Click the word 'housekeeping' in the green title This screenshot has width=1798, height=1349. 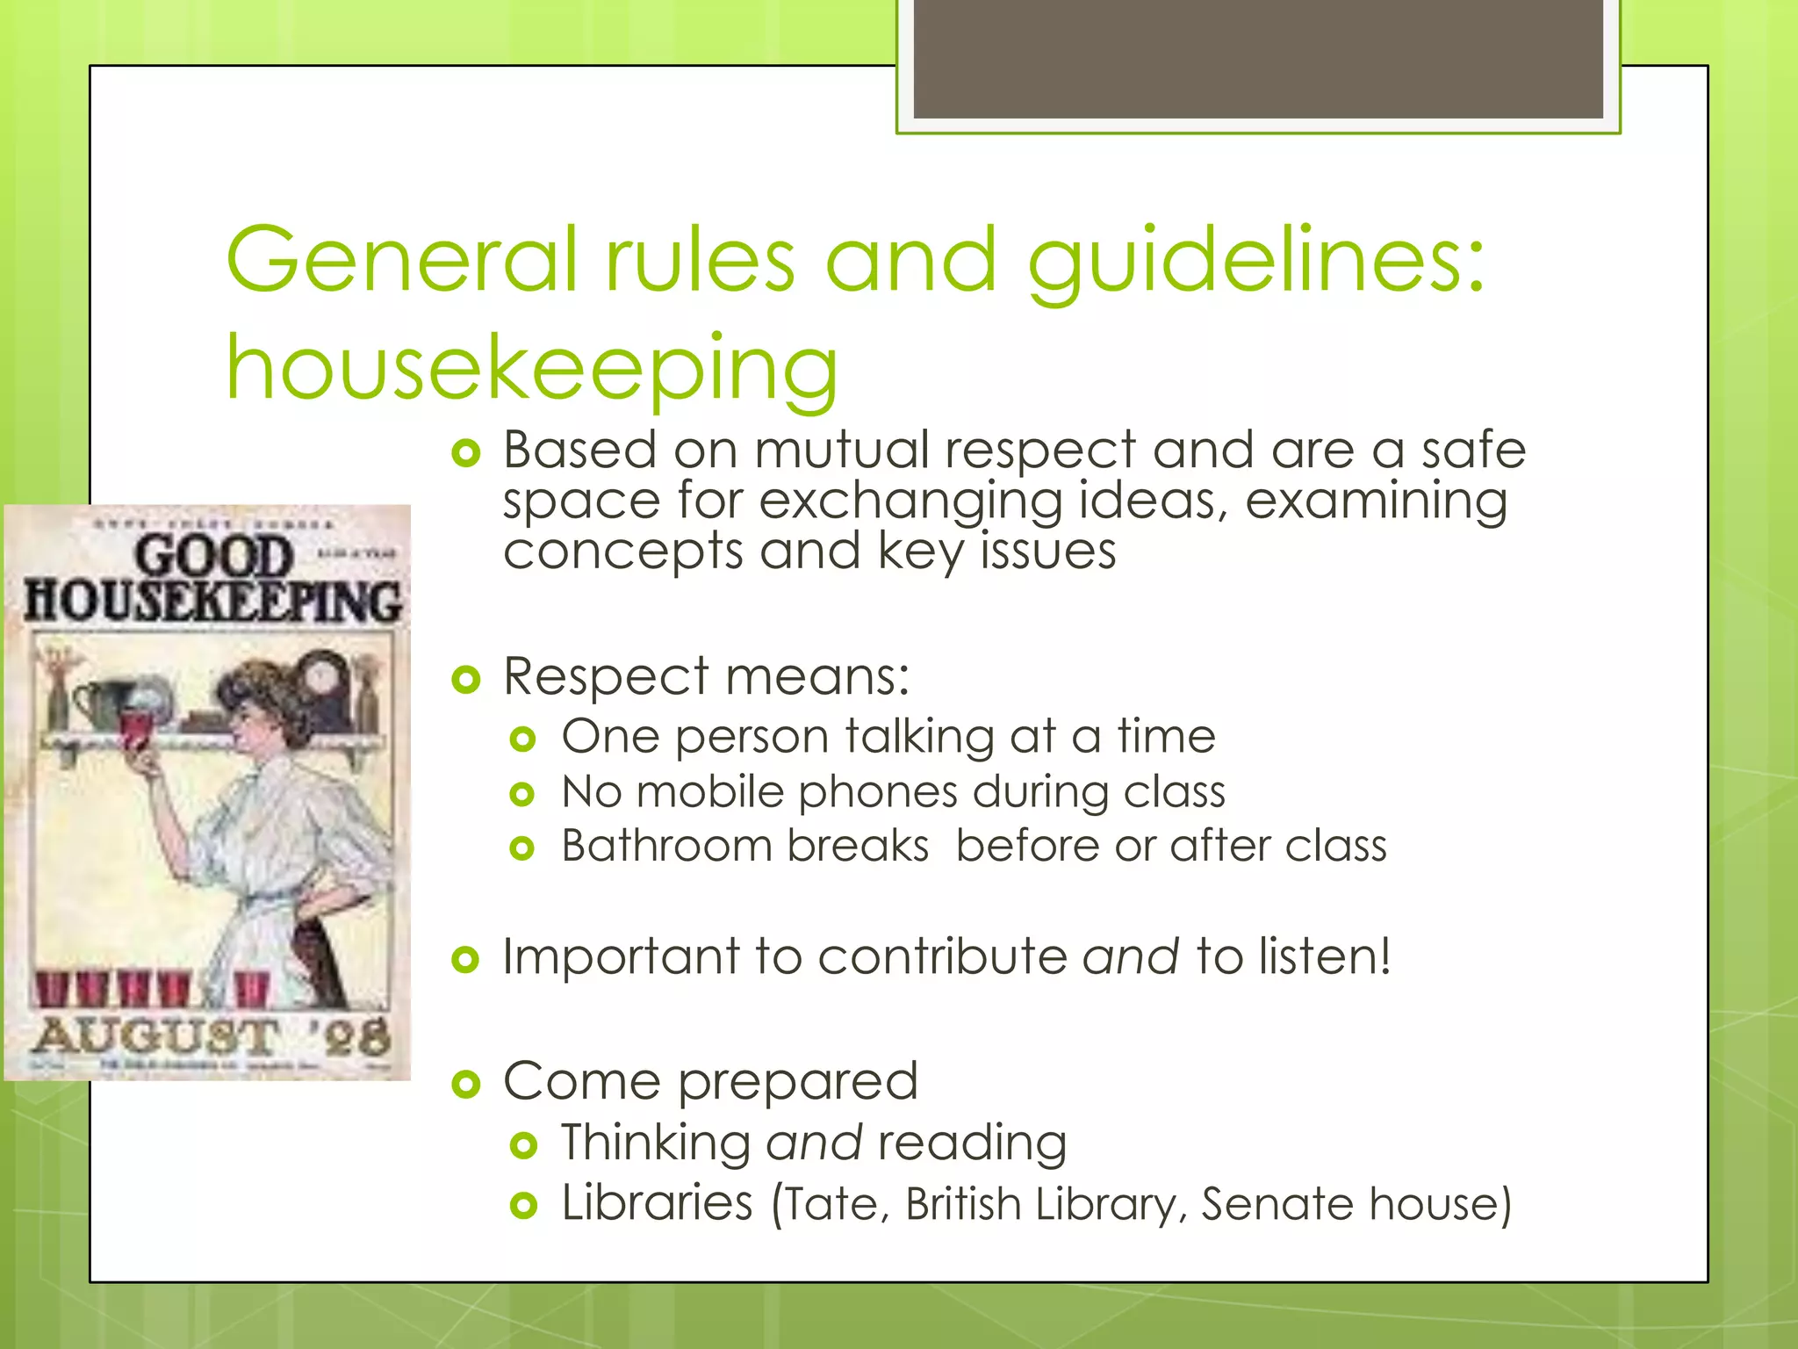[532, 369]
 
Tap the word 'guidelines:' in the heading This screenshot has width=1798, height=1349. [1255, 262]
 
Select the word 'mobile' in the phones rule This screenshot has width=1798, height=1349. [709, 792]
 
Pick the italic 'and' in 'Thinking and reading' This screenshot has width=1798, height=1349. [814, 1143]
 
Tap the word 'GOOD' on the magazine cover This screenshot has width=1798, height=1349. [213, 557]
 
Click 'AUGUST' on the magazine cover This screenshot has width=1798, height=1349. [156, 1036]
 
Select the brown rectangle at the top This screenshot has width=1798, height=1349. [1257, 58]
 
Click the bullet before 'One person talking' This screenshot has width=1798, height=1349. [522, 739]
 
